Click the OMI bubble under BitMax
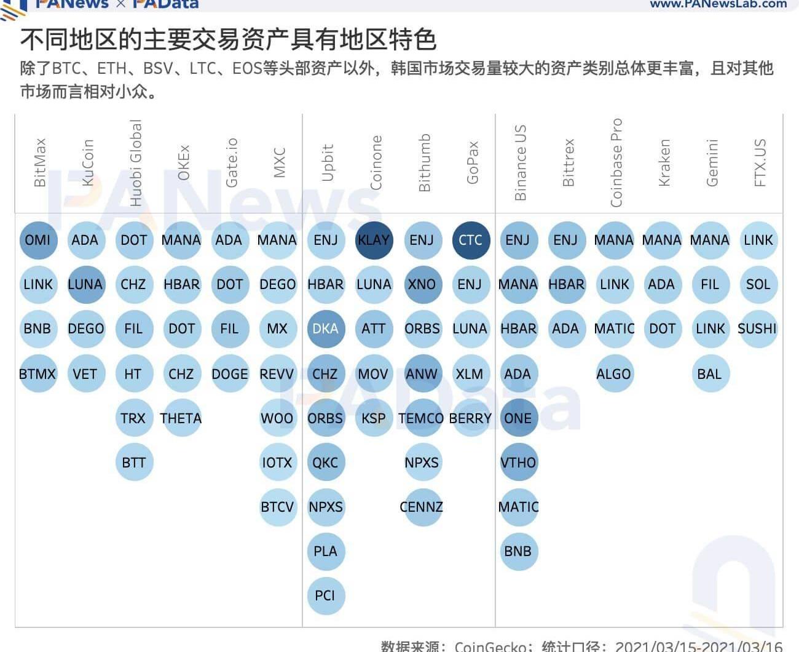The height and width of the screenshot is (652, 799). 38,240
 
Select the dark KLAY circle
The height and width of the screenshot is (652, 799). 374,240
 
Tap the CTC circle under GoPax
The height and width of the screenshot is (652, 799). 470,240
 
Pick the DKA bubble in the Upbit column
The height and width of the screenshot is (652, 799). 325,328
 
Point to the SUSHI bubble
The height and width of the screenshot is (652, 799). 757,328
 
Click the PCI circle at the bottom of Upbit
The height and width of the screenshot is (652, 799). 325,595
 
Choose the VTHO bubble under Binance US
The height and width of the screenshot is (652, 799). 518,463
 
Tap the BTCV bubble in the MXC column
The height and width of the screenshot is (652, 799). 277,507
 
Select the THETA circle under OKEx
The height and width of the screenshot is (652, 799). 181,418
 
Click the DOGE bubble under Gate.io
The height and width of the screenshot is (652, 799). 229,374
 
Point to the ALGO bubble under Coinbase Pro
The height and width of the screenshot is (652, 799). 613,374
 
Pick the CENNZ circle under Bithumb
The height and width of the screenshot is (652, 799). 422,507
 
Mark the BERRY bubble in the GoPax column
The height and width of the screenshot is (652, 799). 470,418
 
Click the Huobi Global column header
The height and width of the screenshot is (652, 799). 136,163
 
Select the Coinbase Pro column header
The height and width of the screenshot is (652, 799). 616,162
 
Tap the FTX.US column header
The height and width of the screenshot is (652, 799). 760,162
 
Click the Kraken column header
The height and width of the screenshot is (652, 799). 664,162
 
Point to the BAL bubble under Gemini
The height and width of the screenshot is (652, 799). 709,374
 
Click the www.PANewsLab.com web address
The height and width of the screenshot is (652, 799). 718,4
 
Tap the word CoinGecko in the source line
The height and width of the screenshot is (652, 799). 491,646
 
